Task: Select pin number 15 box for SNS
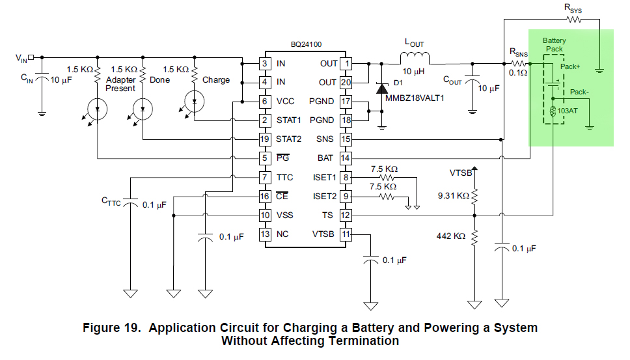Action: pyautogui.click(x=346, y=139)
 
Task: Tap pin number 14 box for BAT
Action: pyautogui.click(x=346, y=158)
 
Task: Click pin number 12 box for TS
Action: pyautogui.click(x=346, y=215)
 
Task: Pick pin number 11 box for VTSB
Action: pyautogui.click(x=346, y=234)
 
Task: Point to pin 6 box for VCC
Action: pyautogui.click(x=265, y=102)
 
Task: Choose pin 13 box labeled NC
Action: pyautogui.click(x=265, y=234)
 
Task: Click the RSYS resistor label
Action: pyautogui.click(x=573, y=8)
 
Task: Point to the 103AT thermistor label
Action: pyautogui.click(x=568, y=111)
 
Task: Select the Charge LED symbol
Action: pyautogui.click(x=194, y=100)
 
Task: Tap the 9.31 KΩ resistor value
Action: pyautogui.click(x=454, y=195)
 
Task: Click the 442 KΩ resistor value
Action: pyautogui.click(x=450, y=236)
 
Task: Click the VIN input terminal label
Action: pyautogui.click(x=21, y=58)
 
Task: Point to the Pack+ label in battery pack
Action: pyautogui.click(x=570, y=66)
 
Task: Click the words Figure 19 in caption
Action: pyautogui.click(x=112, y=327)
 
